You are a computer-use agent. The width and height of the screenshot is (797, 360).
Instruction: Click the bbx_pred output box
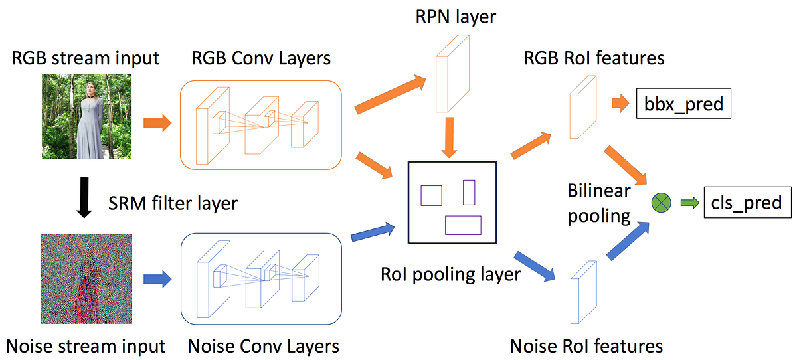tap(683, 104)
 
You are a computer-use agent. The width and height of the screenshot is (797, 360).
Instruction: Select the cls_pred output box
tap(747, 202)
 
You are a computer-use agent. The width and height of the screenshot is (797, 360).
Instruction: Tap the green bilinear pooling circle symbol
tap(662, 202)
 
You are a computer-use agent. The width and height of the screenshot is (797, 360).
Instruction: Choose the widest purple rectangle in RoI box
tap(463, 225)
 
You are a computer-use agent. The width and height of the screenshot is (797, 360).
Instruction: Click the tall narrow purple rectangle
tap(469, 192)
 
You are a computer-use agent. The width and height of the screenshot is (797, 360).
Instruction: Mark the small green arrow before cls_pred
tap(689, 202)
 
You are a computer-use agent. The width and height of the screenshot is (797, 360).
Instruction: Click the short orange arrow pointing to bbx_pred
tap(619, 104)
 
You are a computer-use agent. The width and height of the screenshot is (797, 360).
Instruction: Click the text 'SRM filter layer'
tap(173, 203)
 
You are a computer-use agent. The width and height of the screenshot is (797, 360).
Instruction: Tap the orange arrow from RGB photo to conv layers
tap(157, 124)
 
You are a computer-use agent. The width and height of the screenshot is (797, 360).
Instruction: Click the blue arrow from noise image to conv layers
tap(157, 280)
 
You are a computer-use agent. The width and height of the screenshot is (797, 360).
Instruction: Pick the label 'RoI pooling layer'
tap(451, 274)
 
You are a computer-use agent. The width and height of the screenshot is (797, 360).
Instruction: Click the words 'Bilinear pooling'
tap(598, 203)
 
